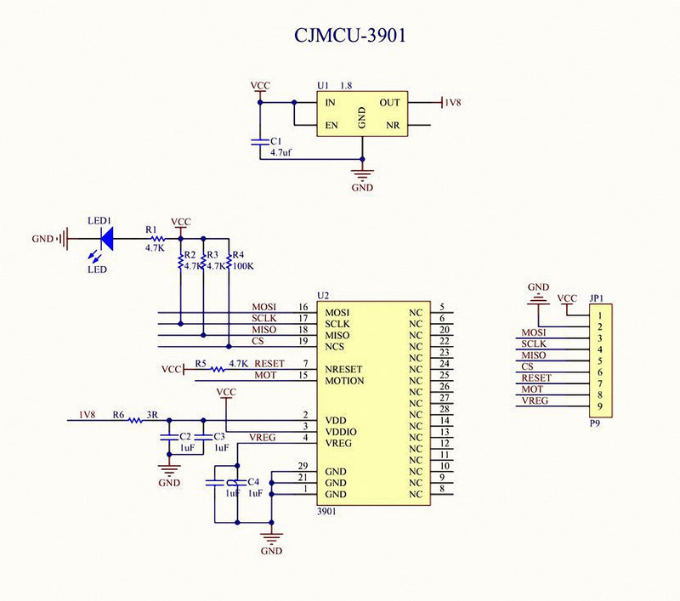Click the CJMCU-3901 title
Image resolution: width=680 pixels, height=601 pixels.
(x=350, y=35)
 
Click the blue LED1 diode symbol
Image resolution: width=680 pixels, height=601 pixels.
(x=107, y=239)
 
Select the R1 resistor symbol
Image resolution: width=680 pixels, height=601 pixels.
(x=157, y=239)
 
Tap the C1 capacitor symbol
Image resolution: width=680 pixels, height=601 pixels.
(x=260, y=142)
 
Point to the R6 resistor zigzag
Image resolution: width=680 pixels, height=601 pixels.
(x=135, y=420)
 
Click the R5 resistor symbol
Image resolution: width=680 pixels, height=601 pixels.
(x=218, y=370)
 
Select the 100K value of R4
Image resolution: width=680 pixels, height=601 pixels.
(x=243, y=266)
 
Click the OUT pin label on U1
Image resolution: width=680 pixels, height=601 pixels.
(x=389, y=103)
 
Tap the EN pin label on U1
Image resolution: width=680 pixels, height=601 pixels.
(x=331, y=125)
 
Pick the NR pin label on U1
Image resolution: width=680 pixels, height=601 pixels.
(x=393, y=125)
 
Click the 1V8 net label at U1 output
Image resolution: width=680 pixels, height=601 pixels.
(x=453, y=103)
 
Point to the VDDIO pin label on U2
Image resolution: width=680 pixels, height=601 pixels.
(x=341, y=432)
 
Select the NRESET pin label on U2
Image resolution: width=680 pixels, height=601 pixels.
(x=343, y=370)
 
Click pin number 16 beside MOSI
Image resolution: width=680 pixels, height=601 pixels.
(x=303, y=307)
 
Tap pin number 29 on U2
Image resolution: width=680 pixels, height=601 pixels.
(x=303, y=466)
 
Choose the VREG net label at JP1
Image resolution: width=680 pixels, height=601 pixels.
(x=535, y=400)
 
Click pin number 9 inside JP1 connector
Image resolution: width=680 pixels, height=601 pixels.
(x=600, y=406)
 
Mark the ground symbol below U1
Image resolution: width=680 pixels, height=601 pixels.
(x=363, y=176)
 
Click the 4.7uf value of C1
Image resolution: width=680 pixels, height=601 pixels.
(x=281, y=153)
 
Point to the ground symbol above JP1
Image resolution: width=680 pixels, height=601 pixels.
(x=538, y=298)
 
